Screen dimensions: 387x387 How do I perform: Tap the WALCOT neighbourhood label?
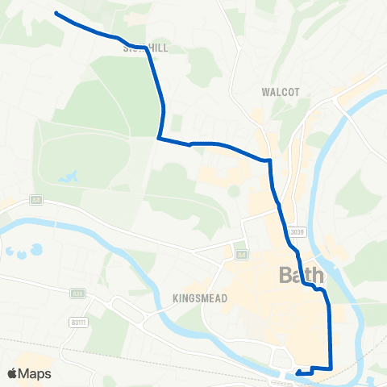(280, 92)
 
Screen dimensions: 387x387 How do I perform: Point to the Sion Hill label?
(146, 48)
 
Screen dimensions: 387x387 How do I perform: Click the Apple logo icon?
(13, 373)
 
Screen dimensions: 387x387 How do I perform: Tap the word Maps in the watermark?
(35, 373)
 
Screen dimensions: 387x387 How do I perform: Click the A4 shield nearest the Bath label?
(239, 254)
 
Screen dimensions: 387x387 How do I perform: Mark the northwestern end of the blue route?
(56, 13)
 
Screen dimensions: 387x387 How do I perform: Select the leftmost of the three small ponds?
(8, 251)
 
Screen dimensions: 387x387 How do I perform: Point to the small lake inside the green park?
(69, 176)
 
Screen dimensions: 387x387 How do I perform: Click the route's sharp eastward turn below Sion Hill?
(159, 138)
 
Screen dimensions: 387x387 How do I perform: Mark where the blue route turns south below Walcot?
(269, 160)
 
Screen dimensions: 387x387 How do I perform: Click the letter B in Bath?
(285, 276)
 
